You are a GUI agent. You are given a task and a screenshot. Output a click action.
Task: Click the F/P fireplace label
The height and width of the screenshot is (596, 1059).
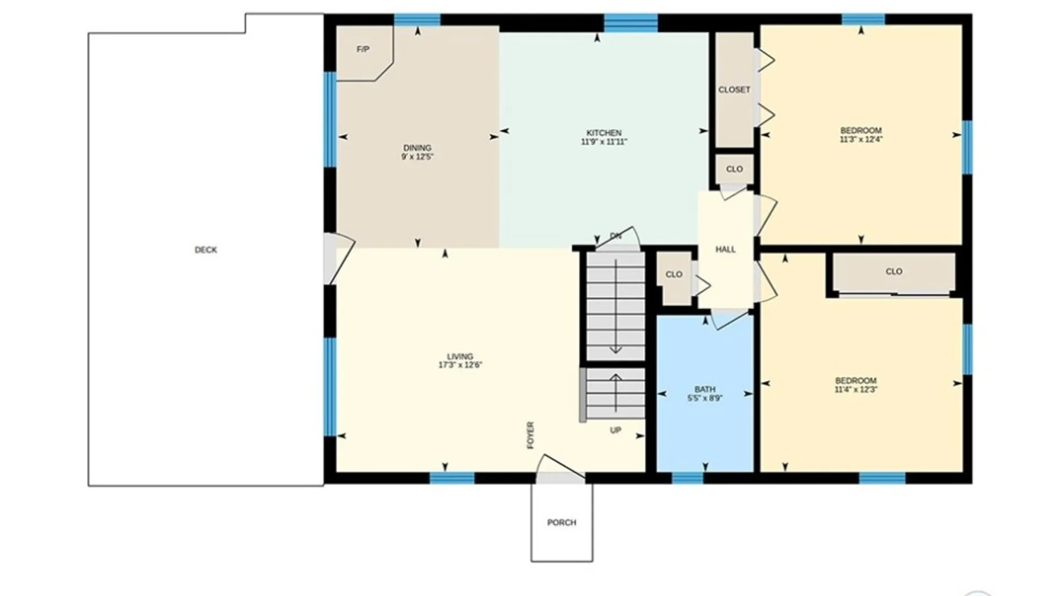tap(363, 50)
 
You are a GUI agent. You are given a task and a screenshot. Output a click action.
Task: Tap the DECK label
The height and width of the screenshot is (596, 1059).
tap(206, 250)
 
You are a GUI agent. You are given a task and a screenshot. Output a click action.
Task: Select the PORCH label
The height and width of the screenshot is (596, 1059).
tap(561, 523)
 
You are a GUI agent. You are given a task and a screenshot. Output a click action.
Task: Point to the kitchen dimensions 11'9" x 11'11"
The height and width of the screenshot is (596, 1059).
tap(604, 142)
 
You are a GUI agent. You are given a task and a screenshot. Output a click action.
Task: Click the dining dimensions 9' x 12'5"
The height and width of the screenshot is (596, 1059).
tap(417, 157)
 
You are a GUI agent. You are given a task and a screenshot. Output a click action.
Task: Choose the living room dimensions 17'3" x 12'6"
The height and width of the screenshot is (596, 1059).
tap(460, 365)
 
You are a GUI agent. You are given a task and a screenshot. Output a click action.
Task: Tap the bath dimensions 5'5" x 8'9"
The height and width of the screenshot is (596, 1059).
tap(705, 398)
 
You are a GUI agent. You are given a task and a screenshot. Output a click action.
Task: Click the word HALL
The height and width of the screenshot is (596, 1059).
tap(725, 249)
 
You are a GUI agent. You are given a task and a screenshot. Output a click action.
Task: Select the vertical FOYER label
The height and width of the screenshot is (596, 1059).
tap(531, 435)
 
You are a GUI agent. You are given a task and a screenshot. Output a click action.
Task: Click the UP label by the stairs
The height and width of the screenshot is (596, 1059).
tap(616, 430)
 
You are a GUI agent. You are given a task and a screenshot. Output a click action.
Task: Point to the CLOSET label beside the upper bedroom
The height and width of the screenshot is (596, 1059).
tap(734, 90)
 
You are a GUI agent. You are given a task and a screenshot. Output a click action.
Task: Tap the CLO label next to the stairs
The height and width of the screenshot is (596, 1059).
tap(674, 274)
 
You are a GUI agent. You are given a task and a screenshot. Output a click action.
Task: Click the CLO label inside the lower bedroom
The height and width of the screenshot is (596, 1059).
tap(894, 272)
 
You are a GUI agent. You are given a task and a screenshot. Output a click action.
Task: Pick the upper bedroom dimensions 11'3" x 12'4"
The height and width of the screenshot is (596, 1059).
tap(861, 140)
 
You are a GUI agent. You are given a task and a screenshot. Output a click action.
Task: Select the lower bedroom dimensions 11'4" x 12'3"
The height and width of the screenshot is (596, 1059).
tap(856, 390)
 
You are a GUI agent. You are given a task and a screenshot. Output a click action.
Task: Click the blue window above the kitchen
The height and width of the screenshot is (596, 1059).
tap(630, 23)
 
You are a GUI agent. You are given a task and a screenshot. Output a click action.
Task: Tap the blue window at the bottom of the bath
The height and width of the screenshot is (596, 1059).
tap(687, 478)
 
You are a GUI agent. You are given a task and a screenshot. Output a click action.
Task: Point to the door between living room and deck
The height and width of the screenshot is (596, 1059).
tap(338, 258)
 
